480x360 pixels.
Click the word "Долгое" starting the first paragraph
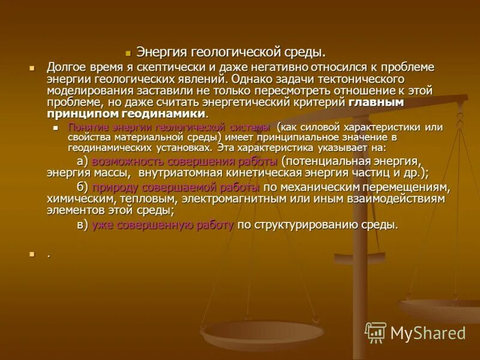click(x=65, y=67)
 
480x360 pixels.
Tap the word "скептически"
click(x=163, y=67)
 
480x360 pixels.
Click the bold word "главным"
click(x=376, y=102)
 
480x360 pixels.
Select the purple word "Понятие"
click(x=86, y=127)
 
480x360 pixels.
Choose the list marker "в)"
click(x=83, y=226)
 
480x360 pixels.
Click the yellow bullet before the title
click(x=128, y=53)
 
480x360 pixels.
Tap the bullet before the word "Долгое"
click(x=34, y=67)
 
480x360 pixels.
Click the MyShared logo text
click(x=427, y=333)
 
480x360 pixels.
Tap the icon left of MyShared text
click(x=376, y=332)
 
